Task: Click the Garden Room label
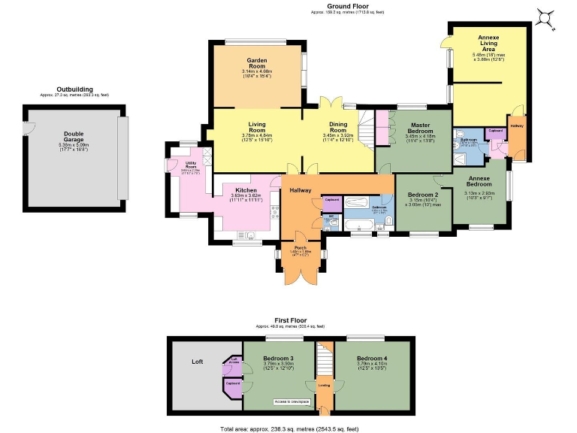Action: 258,63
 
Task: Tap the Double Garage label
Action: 74,140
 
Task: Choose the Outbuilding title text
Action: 74,89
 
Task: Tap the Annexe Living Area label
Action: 488,44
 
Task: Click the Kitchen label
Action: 247,190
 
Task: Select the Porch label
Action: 300,247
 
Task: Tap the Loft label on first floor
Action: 198,362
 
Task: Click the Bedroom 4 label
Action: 372,358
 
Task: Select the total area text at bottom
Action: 289,427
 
